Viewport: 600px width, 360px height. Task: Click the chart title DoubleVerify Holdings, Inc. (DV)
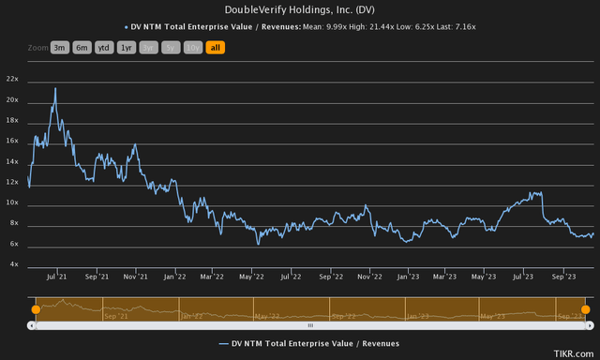pyautogui.click(x=300, y=9)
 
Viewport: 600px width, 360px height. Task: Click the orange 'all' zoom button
pyautogui.click(x=215, y=47)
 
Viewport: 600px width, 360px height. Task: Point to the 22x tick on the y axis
pyautogui.click(x=12, y=79)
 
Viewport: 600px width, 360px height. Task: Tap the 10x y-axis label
pyautogui.click(x=12, y=202)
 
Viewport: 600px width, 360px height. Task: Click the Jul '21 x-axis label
pyautogui.click(x=54, y=277)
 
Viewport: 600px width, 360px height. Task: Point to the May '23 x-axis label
pyautogui.click(x=484, y=277)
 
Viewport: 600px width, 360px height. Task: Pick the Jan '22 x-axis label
pyautogui.click(x=174, y=277)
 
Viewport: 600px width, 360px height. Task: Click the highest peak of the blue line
pyautogui.click(x=55, y=88)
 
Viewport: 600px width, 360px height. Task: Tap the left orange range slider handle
pyautogui.click(x=35, y=308)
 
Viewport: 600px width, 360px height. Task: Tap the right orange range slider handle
pyautogui.click(x=586, y=308)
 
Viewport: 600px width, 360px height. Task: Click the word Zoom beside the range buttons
pyautogui.click(x=38, y=47)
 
